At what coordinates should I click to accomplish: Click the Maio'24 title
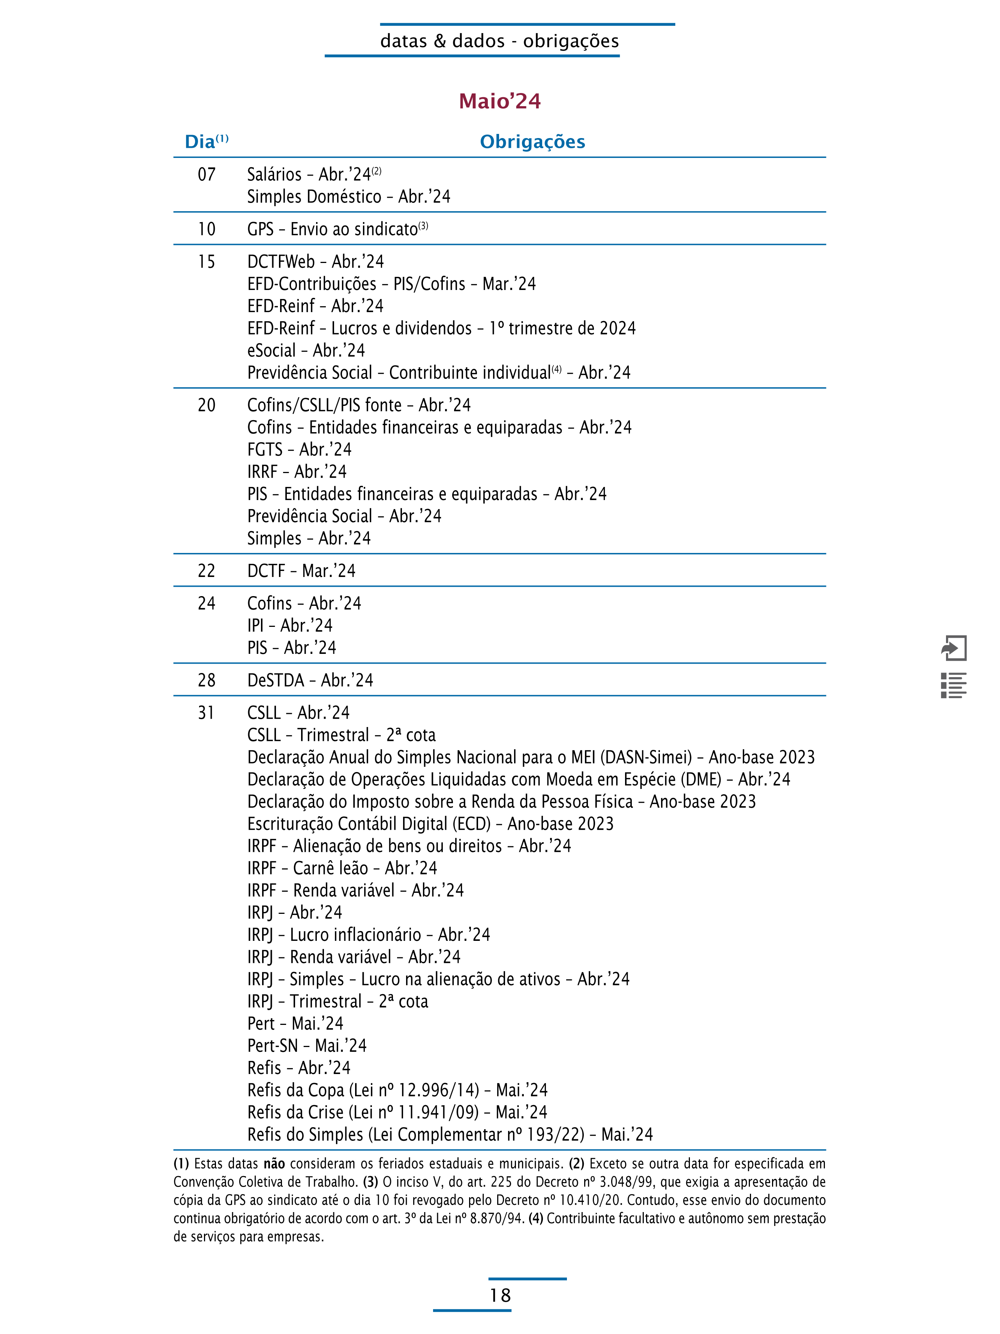click(x=500, y=101)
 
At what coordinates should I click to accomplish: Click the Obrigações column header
click(x=532, y=142)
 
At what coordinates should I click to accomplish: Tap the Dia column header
click(x=200, y=142)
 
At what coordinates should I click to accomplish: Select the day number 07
click(x=207, y=175)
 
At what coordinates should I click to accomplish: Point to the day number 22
click(x=207, y=571)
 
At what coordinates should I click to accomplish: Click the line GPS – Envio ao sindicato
click(x=337, y=230)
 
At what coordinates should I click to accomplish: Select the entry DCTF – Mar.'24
click(x=301, y=571)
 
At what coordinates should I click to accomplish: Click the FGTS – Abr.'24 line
click(x=299, y=450)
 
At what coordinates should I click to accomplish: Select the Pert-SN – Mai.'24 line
click(x=307, y=1046)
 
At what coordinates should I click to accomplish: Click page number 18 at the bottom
click(x=500, y=1295)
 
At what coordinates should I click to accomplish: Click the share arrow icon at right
click(x=954, y=648)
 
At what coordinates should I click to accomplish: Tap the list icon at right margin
click(x=954, y=686)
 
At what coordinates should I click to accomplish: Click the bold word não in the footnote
click(x=274, y=1164)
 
